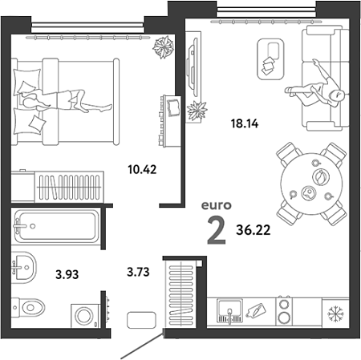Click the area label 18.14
pyautogui.click(x=245, y=123)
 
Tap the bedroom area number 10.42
pyautogui.click(x=142, y=169)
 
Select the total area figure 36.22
pyautogui.click(x=253, y=230)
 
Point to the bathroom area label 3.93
pyautogui.click(x=67, y=274)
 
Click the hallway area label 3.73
pyautogui.click(x=138, y=272)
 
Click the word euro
pyautogui.click(x=217, y=205)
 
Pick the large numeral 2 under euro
pyautogui.click(x=217, y=231)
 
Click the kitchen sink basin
pyautogui.click(x=229, y=310)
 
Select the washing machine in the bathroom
pyautogui.click(x=85, y=316)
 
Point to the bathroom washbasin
pyautogui.click(x=23, y=267)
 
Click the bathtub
pyautogui.click(x=56, y=226)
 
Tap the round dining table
pyautogui.click(x=311, y=184)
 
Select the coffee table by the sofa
pyautogui.click(x=270, y=59)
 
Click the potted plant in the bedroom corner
pyautogui.click(x=163, y=47)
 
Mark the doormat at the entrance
pyautogui.click(x=141, y=320)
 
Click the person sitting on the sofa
pyautogui.click(x=315, y=86)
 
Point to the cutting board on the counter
pyautogui.click(x=256, y=311)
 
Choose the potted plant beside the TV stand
pyautogui.click(x=197, y=111)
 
